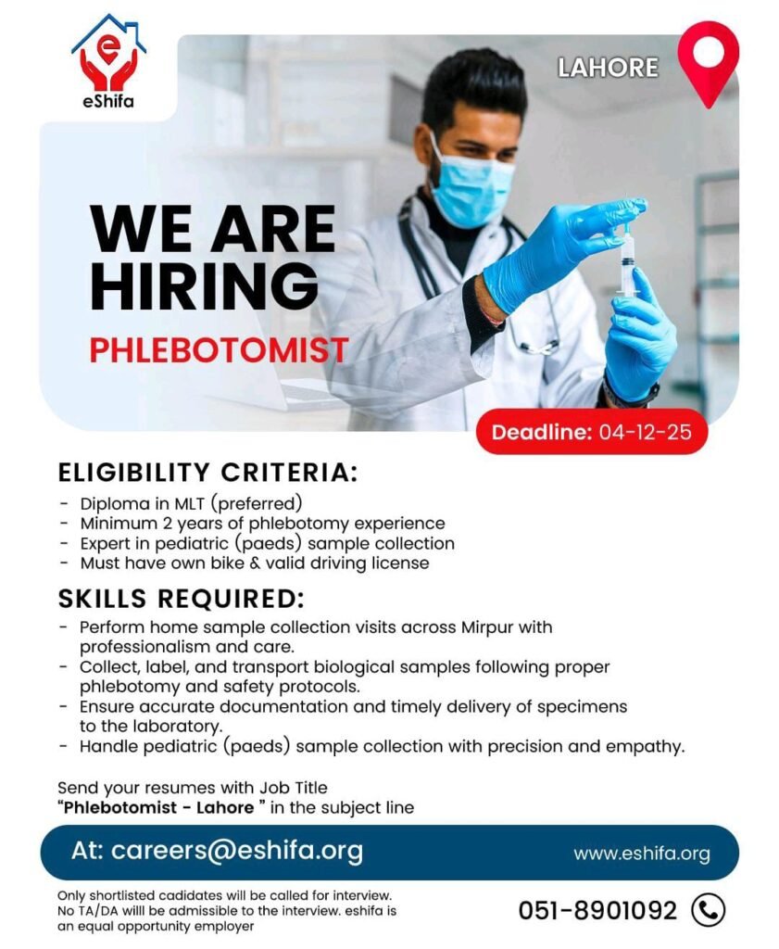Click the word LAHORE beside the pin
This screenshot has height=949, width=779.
[x=608, y=68]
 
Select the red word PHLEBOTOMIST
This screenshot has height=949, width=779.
[x=219, y=350]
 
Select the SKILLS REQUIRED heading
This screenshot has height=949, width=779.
[x=182, y=598]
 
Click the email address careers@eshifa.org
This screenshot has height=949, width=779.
[x=237, y=851]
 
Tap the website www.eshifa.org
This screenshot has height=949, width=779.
[x=641, y=854]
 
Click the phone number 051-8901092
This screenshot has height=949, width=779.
[x=597, y=910]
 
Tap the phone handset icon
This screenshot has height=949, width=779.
[x=709, y=910]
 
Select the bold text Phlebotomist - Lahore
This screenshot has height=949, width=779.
[x=157, y=807]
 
